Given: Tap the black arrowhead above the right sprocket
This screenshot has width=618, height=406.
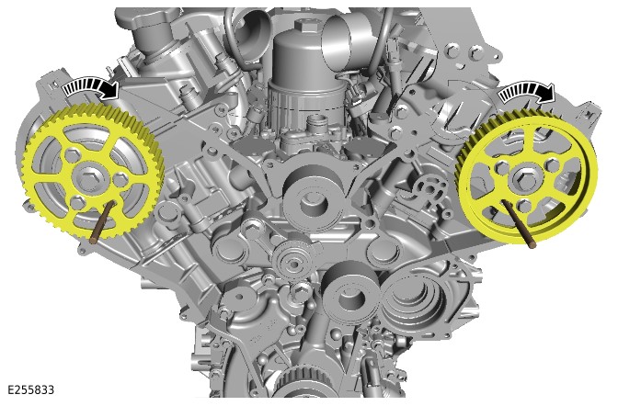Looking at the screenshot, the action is (546, 94).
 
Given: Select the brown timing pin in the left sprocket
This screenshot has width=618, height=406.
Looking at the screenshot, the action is (102, 221).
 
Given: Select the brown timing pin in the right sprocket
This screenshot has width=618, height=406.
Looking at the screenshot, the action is (519, 223).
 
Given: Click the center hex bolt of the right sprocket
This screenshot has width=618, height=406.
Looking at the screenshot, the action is (525, 178).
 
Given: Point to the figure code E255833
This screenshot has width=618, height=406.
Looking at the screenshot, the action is (30, 389).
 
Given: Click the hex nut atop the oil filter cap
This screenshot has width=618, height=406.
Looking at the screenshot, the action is (306, 27).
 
